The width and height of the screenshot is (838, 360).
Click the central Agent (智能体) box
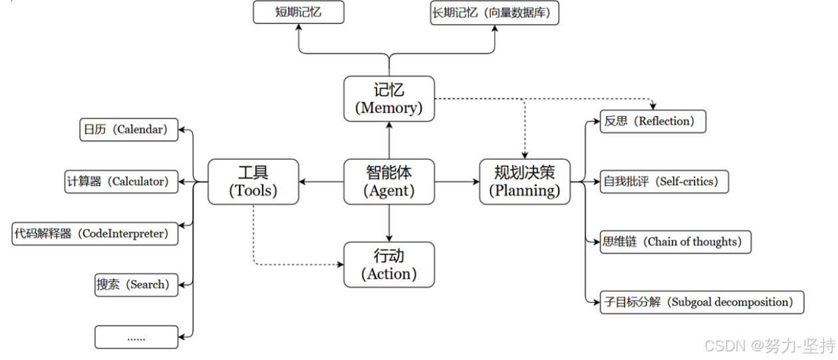click(x=389, y=182)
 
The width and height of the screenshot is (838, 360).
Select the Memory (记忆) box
click(x=389, y=98)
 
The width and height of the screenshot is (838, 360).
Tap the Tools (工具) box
click(x=253, y=182)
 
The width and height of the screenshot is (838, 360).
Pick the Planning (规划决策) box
click(x=525, y=182)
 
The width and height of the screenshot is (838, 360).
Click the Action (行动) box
click(x=389, y=265)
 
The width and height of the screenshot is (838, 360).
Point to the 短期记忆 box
click(x=299, y=12)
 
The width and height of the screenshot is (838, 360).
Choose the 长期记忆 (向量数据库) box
click(x=494, y=12)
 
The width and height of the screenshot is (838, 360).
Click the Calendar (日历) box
click(x=128, y=130)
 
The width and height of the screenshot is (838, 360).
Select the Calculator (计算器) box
click(x=122, y=181)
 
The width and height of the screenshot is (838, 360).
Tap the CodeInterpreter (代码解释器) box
click(x=95, y=234)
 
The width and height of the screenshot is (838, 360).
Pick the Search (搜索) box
click(x=136, y=285)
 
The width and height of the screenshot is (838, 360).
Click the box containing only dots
click(x=136, y=337)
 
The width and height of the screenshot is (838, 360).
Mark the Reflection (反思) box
click(x=652, y=122)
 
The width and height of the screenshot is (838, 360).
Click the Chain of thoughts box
click(x=676, y=242)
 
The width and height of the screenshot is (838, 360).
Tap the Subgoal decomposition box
click(x=702, y=302)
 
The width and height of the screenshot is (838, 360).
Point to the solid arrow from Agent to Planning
click(x=457, y=182)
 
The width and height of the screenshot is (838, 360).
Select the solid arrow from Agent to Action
click(x=389, y=223)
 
